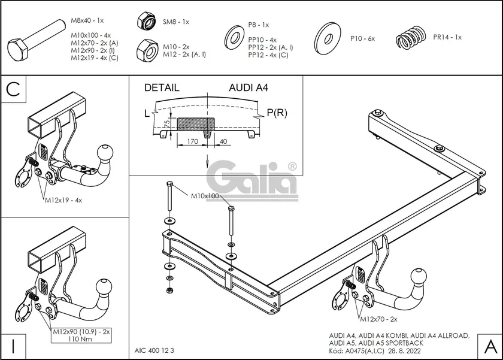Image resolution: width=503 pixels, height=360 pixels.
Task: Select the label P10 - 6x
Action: (x=362, y=38)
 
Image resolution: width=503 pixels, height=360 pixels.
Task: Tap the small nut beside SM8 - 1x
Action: (x=146, y=21)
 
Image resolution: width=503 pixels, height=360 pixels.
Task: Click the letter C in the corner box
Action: (x=14, y=90)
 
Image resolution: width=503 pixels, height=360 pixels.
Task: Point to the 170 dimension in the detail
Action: (x=192, y=143)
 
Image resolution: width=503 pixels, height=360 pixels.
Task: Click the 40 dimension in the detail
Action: (x=223, y=143)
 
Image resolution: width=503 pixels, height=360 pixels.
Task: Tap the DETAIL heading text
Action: (x=162, y=87)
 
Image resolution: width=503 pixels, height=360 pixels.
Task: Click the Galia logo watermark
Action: (x=252, y=180)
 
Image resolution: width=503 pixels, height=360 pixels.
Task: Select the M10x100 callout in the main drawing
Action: (x=205, y=196)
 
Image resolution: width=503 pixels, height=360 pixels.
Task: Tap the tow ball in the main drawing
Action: (x=418, y=276)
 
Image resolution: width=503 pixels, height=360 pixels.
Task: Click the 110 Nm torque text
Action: (x=80, y=338)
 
